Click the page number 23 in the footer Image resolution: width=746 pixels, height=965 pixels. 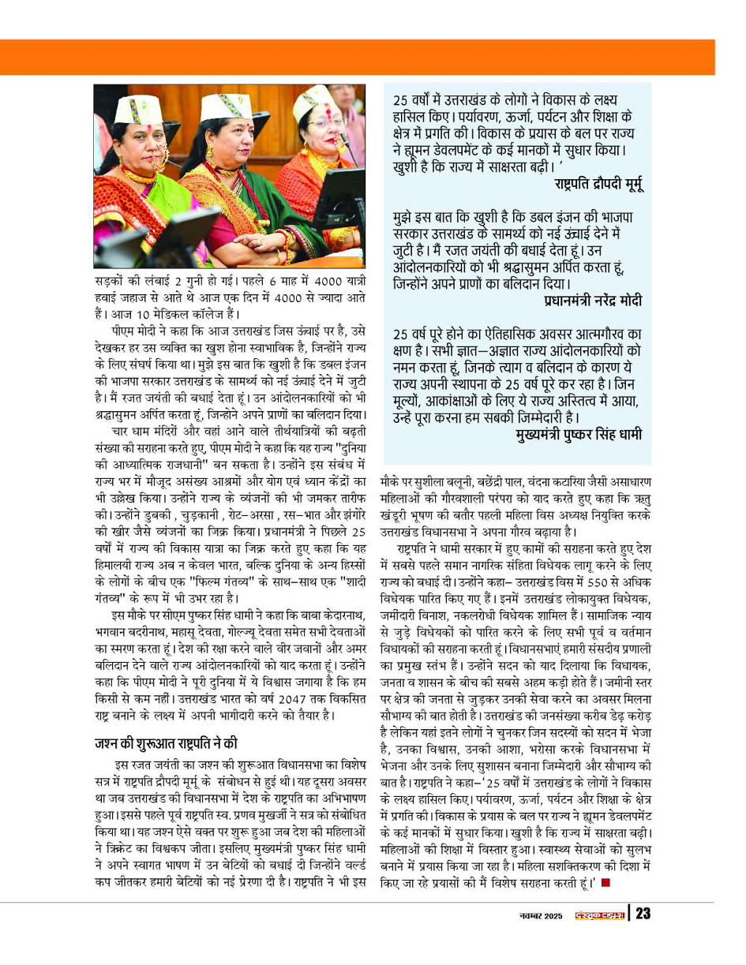pos(643,914)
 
